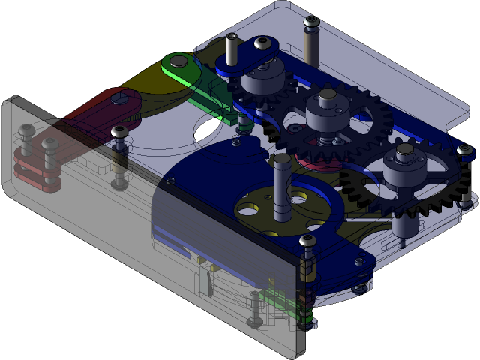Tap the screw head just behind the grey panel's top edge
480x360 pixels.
coord(118,133)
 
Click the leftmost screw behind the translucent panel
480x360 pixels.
coord(26,131)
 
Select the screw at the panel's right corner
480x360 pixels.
coord(307,241)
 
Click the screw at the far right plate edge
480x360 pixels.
coord(466,151)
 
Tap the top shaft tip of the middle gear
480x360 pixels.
coord(328,95)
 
